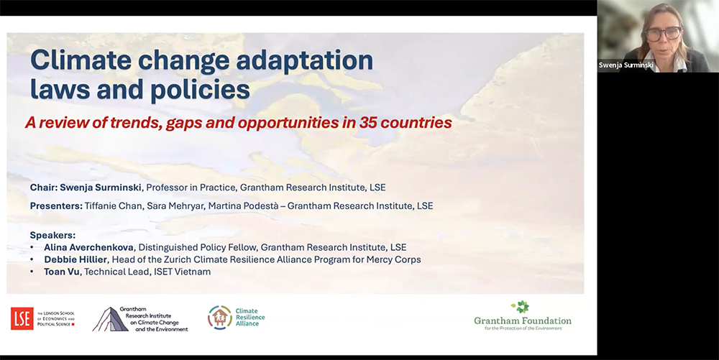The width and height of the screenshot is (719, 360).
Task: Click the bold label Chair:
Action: (x=44, y=188)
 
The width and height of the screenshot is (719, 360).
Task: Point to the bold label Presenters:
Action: (x=56, y=206)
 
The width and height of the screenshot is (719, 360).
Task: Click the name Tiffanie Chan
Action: (x=114, y=206)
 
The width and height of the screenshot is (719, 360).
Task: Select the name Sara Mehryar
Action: (x=175, y=206)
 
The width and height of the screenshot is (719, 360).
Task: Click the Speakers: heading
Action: (x=52, y=236)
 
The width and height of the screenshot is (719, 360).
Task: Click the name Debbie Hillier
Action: (x=76, y=259)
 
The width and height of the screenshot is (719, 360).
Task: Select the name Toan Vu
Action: (x=61, y=272)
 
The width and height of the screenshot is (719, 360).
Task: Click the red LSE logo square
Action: (x=22, y=318)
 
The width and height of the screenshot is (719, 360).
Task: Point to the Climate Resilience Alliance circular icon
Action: (x=219, y=318)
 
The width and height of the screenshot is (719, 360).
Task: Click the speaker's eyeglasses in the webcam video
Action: (x=663, y=34)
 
